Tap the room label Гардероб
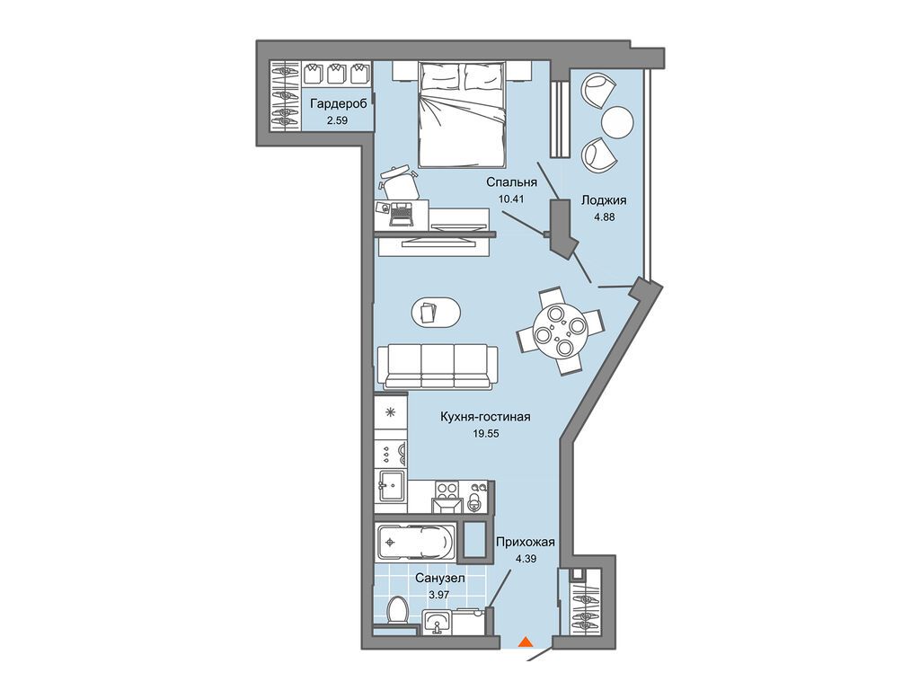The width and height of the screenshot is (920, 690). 339,104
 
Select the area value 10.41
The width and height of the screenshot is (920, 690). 510,199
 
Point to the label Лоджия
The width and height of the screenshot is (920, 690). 604,200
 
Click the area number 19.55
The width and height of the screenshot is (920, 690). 484,434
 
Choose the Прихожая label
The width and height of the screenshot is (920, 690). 526,542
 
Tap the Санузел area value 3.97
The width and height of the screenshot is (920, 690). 440,595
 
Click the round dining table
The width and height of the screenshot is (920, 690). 560,332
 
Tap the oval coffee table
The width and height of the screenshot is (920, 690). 436,311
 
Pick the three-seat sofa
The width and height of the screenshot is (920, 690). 438,367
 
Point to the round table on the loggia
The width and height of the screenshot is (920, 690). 617,121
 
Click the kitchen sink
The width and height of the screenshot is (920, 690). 391,486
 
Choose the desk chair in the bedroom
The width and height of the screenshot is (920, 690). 399,181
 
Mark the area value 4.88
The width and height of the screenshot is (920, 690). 604,216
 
